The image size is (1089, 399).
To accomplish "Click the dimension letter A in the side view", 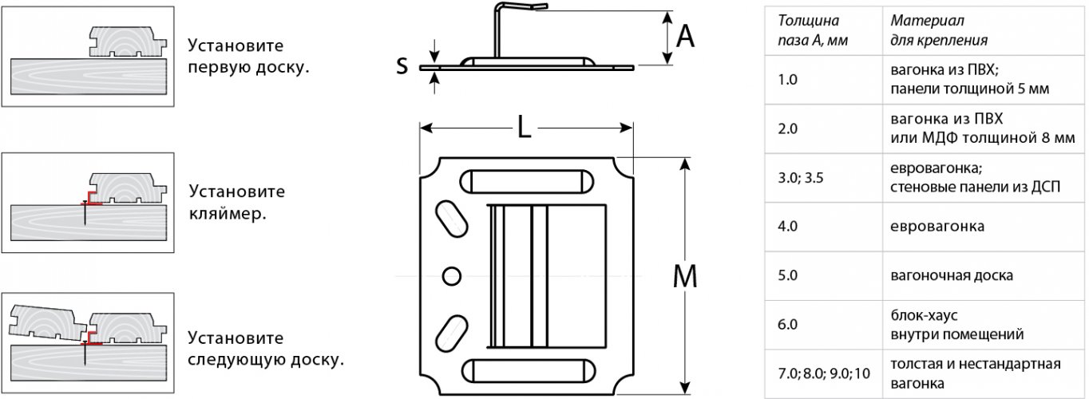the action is point(685,37).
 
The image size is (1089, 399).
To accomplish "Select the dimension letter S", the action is point(402,65).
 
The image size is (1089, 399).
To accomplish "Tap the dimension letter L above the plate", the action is point(524,128).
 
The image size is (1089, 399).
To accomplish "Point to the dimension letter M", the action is point(685,276).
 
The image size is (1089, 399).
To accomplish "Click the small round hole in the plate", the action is point(452,276).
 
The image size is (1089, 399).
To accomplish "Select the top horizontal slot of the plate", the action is point(526,182).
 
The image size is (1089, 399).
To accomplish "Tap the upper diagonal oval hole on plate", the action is point(452,219).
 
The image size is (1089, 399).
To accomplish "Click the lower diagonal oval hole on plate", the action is point(452,334).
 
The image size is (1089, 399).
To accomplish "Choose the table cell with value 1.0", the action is point(824,80).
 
